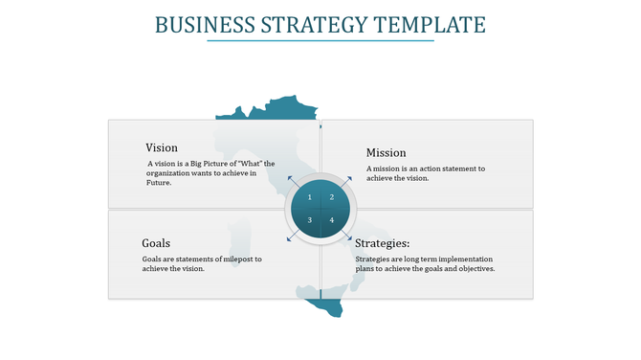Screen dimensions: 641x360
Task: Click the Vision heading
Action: [162, 147]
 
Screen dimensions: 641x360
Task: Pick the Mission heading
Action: [386, 152]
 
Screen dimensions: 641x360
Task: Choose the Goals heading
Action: [156, 243]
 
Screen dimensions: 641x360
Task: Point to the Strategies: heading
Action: [382, 243]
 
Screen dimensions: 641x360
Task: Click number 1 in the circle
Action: [309, 197]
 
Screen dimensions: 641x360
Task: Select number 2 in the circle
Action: [332, 197]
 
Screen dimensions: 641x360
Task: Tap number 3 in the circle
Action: [309, 220]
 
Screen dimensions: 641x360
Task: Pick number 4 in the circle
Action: [332, 220]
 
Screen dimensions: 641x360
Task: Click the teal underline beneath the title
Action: [320, 40]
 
